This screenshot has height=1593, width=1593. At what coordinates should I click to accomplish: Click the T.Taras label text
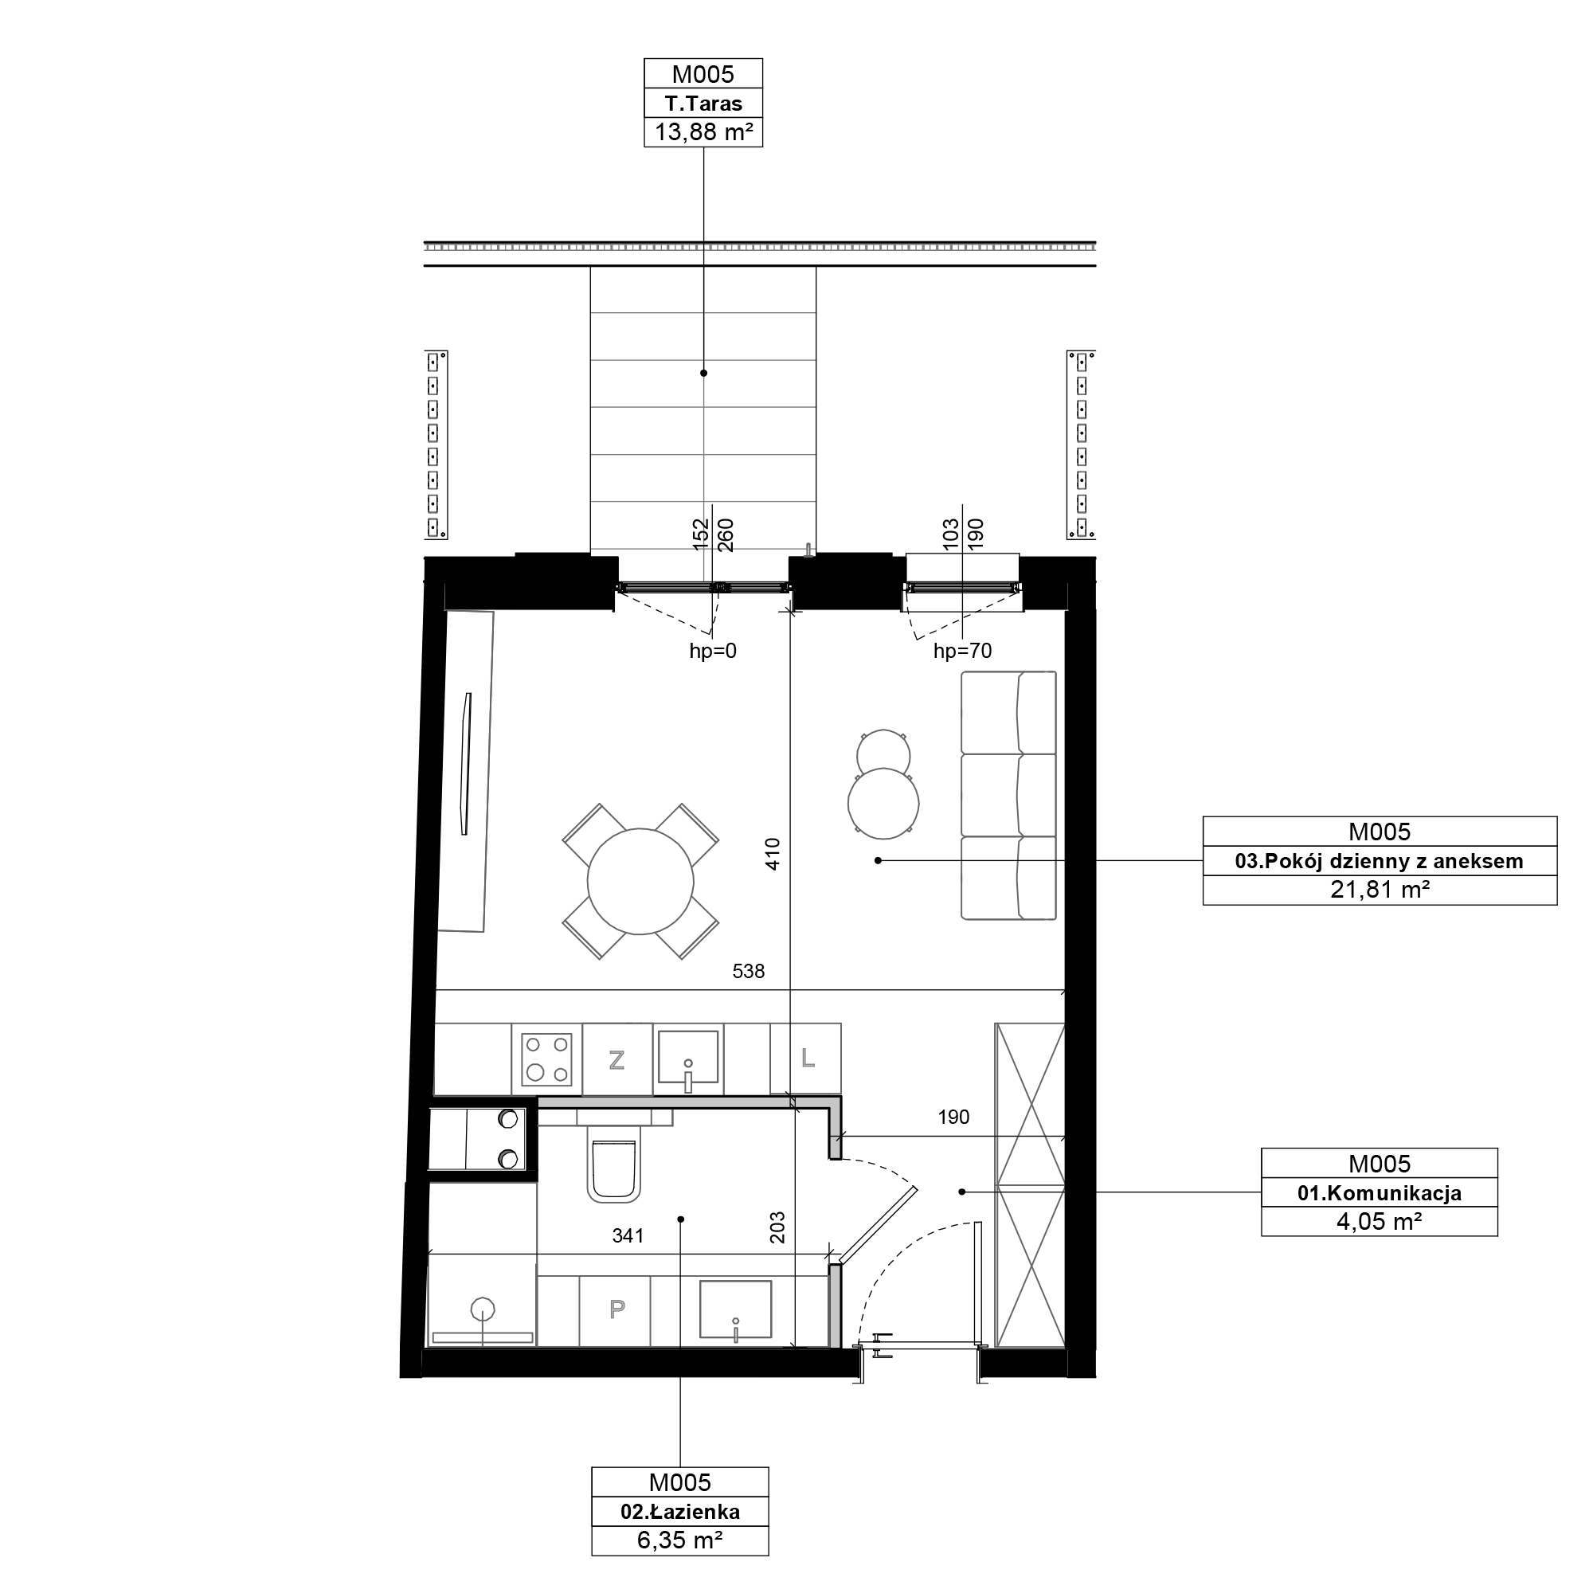(x=703, y=104)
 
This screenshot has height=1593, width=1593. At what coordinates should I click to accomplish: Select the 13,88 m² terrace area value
(x=703, y=132)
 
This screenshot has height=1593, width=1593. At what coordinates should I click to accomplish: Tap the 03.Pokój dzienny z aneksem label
(x=1380, y=862)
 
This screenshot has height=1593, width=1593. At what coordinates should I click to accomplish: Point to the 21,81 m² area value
(x=1380, y=890)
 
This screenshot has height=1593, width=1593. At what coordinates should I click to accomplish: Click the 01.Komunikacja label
(x=1380, y=1193)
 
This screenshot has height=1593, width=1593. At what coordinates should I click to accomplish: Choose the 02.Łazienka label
(x=680, y=1513)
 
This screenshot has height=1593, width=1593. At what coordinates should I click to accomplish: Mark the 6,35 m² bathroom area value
(x=680, y=1540)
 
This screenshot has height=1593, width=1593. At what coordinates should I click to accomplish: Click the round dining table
(x=640, y=882)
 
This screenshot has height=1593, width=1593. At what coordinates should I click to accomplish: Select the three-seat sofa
(x=1008, y=795)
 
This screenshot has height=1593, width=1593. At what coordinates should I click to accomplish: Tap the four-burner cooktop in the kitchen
(x=546, y=1059)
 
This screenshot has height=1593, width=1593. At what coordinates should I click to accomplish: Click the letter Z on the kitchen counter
(x=616, y=1059)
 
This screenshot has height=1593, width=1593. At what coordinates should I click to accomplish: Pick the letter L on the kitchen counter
(x=808, y=1058)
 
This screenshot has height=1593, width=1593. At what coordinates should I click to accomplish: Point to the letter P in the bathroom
(x=616, y=1309)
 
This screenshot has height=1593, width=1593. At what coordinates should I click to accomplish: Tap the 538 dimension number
(x=749, y=971)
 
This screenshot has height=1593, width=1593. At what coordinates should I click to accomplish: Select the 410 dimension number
(x=773, y=854)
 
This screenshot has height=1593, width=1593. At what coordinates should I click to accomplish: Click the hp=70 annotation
(x=962, y=652)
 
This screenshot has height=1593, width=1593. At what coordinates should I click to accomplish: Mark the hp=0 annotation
(x=713, y=652)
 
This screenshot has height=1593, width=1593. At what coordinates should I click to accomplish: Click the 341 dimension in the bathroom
(x=628, y=1236)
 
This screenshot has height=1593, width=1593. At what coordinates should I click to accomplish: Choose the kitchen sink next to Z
(x=687, y=1059)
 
